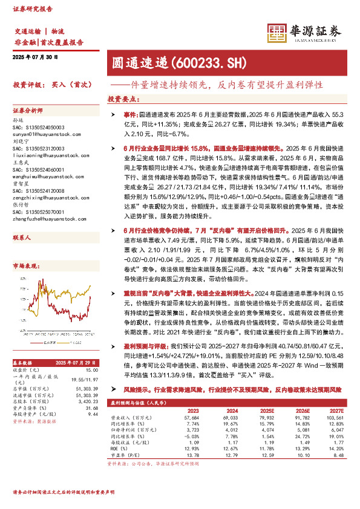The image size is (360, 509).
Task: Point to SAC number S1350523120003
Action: click(x=39, y=149)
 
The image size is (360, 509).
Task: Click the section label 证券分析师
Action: click(x=28, y=112)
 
